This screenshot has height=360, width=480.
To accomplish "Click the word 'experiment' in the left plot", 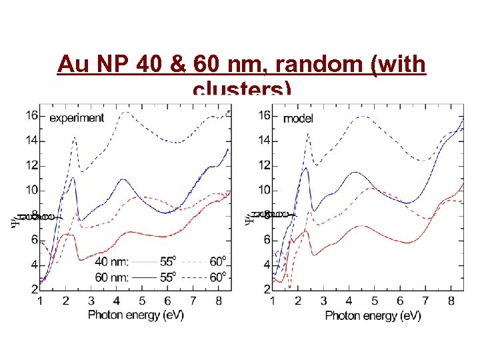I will pos(77,118).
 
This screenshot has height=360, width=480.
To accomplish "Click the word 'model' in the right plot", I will pos(298,119).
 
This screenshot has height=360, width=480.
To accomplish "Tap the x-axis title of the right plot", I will pos(373,315).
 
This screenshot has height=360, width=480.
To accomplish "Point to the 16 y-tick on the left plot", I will pos(31,115).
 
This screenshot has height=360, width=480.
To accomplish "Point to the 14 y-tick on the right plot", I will pos(265,141).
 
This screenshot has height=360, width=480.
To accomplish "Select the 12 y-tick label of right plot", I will pos(265,165).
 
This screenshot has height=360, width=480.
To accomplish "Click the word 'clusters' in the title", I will pos(237,89).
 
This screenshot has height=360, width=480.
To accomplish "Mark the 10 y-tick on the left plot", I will pos(31,190).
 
